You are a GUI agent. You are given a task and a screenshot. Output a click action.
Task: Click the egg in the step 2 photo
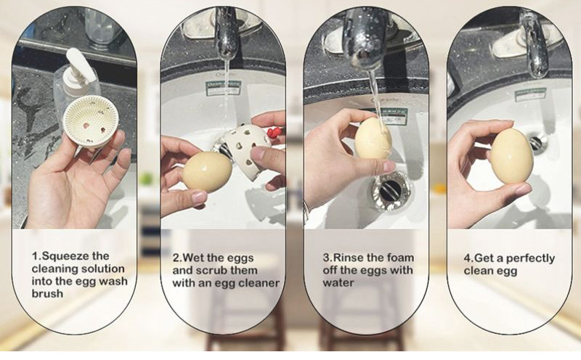pyautogui.click(x=208, y=172)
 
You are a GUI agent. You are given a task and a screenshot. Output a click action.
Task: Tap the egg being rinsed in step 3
pyautogui.click(x=373, y=139)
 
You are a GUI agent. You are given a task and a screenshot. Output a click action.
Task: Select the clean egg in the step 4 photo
pyautogui.click(x=512, y=156)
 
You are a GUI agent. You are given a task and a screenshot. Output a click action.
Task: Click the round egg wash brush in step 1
pyautogui.click(x=92, y=121)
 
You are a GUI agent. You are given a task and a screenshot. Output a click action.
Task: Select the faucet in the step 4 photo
pyautogui.click(x=535, y=44)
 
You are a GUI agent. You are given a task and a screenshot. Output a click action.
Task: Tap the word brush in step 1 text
pyautogui.click(x=47, y=294)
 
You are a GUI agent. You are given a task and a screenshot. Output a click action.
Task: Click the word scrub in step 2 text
pyautogui.click(x=212, y=271)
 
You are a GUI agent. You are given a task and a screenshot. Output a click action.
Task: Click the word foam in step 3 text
pyautogui.click(x=400, y=258)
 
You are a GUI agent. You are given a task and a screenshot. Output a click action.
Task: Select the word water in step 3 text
pyautogui.click(x=338, y=283)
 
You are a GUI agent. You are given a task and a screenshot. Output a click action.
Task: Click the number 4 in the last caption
pyautogui.click(x=467, y=258)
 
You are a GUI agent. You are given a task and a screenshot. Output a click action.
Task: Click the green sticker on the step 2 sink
pyautogui.click(x=223, y=89)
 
